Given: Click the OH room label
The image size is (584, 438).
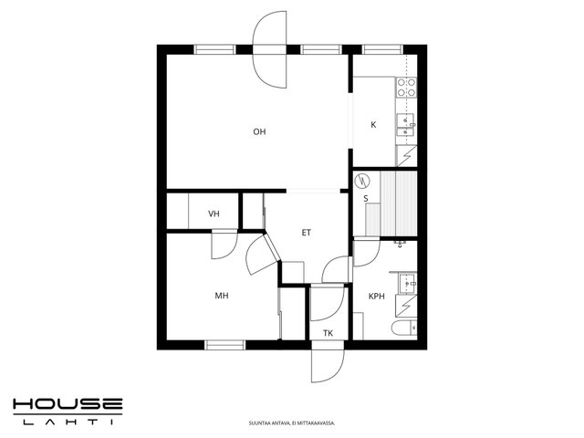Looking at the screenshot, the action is click(259, 131).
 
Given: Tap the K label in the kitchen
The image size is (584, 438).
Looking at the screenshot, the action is click(373, 125).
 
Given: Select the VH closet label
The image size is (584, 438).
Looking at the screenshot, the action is click(214, 214).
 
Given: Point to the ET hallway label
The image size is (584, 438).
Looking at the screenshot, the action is click(307, 233).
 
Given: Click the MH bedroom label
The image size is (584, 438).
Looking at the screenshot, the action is click(222, 296).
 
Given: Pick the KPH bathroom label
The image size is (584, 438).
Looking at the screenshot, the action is click(377, 297).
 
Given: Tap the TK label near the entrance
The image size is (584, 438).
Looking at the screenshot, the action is click(328, 333).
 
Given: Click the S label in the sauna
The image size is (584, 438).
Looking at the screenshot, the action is click(366, 199).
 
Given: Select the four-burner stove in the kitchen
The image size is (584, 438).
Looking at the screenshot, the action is click(406, 88).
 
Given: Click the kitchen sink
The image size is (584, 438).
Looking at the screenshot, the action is click(406, 125).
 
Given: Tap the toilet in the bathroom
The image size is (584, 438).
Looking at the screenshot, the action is click(404, 328).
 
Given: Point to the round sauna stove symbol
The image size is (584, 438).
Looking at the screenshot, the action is click(361, 181).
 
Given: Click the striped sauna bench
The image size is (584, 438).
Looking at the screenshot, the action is click(398, 203).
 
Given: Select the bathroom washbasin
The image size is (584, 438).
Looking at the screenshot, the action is click(408, 284).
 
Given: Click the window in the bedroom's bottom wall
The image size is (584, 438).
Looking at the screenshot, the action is click(225, 345).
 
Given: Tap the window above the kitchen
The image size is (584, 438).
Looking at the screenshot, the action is click(382, 49).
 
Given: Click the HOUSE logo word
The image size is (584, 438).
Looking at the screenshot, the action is click(68, 405).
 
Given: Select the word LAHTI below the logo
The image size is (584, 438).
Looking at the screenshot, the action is click(68, 422).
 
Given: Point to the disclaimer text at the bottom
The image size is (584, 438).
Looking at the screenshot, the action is click(292, 423).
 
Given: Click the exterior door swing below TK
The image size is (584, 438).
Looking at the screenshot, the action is click(328, 366).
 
